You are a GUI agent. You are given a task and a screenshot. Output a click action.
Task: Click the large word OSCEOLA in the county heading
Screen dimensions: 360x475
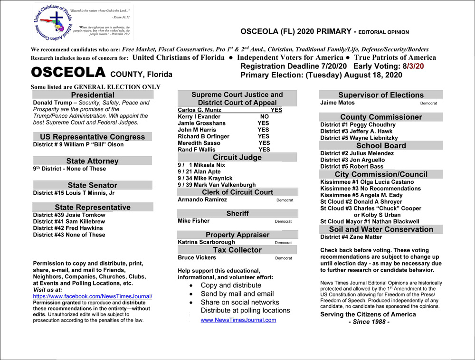pyautogui.click(x=68, y=73)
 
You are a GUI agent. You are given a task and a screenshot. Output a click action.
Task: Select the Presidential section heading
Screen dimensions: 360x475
pyautogui.click(x=93, y=95)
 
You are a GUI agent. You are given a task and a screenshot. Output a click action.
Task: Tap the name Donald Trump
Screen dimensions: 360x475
pyautogui.click(x=51, y=103)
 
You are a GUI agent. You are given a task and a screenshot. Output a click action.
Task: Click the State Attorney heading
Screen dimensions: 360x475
pyautogui.click(x=93, y=161)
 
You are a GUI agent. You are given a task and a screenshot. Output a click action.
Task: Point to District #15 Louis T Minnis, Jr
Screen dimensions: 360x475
pyautogui.click(x=74, y=193)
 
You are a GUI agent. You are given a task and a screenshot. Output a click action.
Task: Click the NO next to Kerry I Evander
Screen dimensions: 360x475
pyautogui.click(x=265, y=116)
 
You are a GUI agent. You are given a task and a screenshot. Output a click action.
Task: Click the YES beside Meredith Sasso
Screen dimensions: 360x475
pyautogui.click(x=264, y=143)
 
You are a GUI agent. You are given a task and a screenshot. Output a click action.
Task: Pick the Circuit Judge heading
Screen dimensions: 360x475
pyautogui.click(x=237, y=157)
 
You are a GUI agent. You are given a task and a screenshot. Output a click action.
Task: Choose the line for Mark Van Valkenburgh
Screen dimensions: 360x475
pyautogui.click(x=217, y=185)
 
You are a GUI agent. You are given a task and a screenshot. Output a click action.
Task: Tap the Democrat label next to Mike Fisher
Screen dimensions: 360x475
pyautogui.click(x=283, y=221)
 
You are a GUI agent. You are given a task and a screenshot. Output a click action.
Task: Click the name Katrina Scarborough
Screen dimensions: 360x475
pyautogui.click(x=206, y=242)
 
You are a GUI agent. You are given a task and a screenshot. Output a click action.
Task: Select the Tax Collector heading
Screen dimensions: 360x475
pyautogui.click(x=237, y=250)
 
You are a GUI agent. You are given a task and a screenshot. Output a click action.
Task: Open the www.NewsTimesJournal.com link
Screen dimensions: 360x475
pyautogui.click(x=238, y=320)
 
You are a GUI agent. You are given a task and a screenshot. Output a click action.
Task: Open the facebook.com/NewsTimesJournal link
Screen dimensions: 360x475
pyautogui.click(x=93, y=296)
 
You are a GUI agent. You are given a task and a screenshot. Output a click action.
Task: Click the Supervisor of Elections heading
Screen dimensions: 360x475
pyautogui.click(x=381, y=95)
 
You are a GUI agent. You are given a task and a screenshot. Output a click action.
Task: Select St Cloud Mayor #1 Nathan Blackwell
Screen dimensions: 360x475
pyautogui.click(x=370, y=221)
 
